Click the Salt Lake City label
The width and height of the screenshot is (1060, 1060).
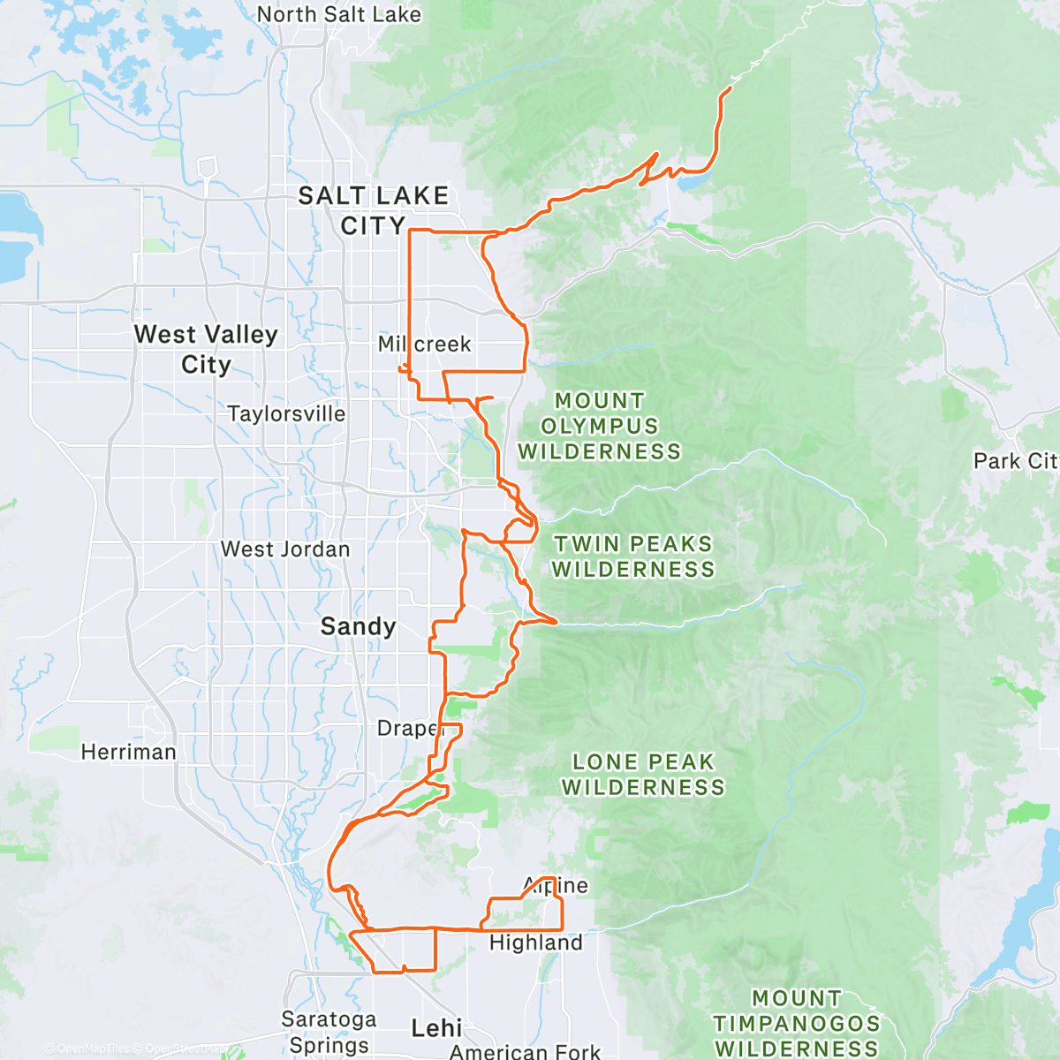point(373,210)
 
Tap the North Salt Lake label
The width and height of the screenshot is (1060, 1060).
point(339,14)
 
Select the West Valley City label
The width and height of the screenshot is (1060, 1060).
point(206,349)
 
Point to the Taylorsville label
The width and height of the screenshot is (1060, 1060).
point(286,413)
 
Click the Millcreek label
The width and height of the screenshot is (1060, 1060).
point(425,344)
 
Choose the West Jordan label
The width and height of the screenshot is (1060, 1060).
point(285,549)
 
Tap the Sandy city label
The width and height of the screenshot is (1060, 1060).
point(358,626)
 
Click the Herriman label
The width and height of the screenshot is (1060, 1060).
point(129,752)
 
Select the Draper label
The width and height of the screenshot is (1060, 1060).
point(408,729)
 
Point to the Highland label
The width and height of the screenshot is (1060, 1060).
point(536,943)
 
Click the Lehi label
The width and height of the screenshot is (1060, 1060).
point(436,1027)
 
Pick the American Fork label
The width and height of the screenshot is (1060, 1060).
point(525,1051)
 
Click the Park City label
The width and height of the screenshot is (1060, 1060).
point(1015,461)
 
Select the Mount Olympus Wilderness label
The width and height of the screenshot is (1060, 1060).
point(600,426)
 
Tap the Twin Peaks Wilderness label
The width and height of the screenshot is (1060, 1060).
point(633,556)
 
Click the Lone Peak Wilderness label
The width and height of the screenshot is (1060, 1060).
point(643,774)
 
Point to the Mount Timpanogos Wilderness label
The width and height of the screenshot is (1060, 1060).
point(797,1024)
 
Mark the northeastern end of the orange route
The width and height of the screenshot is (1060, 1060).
point(730,87)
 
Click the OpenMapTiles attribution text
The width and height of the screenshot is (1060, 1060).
point(92,1049)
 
